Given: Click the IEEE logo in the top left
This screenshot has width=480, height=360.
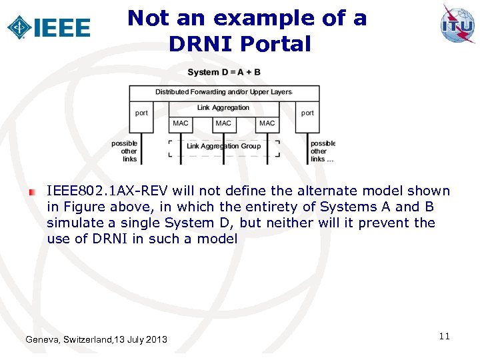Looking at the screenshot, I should tap(48, 27).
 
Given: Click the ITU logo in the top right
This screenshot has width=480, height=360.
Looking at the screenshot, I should tap(457, 24).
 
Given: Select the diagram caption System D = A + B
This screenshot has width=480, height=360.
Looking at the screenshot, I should tap(224, 72).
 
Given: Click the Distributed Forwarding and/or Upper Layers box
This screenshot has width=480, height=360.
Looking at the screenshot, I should tap(223, 92).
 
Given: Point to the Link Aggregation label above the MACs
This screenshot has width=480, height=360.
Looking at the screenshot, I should tap(223, 107).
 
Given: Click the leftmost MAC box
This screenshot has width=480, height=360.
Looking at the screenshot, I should tap(181, 123).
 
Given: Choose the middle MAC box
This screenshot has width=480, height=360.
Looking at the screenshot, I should tap(223, 123).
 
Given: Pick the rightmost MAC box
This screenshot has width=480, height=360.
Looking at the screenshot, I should tap(267, 123).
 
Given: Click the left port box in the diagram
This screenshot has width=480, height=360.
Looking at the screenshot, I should tap(141, 113).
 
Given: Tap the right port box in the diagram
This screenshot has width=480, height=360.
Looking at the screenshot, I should tap(307, 113).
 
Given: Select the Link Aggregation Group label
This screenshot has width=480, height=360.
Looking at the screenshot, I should tap(223, 146).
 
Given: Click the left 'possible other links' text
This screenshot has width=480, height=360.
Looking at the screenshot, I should tap(125, 151).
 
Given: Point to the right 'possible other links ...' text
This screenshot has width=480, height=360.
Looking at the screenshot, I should tap(323, 151).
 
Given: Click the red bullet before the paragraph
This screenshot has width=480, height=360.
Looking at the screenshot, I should tap(31, 192).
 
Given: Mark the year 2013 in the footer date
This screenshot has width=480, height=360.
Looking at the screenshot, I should tap(156, 340).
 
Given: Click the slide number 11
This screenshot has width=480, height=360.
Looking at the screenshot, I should tap(445, 336).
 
